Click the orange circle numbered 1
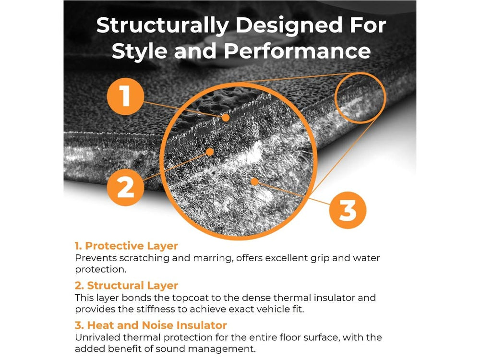click(124, 96)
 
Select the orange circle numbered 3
click(348, 210)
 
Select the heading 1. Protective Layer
click(126, 246)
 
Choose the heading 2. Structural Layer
click(126, 286)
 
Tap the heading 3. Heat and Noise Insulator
click(151, 325)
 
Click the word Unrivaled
click(96, 337)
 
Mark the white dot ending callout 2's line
click(210, 152)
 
